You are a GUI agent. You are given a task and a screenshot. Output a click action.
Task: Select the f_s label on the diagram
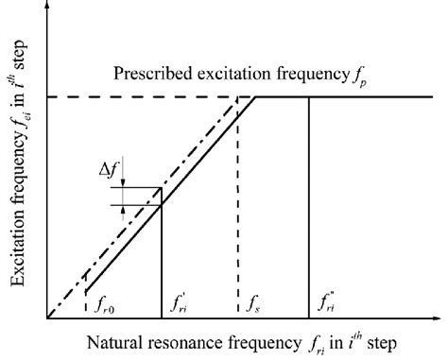tap(252, 304)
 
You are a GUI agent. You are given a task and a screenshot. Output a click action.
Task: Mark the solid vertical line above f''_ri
tap(309, 208)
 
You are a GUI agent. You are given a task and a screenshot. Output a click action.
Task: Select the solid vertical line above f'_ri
tap(162, 255)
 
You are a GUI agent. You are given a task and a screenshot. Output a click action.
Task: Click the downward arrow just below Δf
tap(124, 182)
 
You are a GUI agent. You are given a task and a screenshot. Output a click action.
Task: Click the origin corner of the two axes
tap(46, 317)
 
